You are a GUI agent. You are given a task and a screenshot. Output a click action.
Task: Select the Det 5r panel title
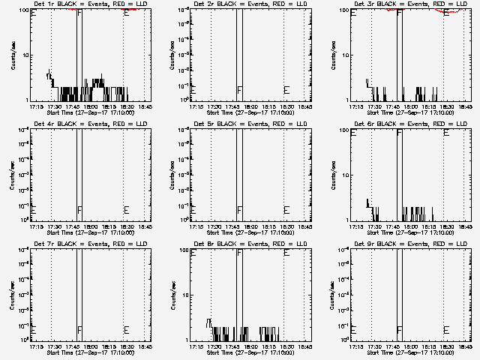(243, 123)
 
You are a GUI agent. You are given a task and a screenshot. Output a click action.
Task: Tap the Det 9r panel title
(403, 243)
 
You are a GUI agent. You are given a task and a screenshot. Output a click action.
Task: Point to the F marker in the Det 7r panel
(79, 330)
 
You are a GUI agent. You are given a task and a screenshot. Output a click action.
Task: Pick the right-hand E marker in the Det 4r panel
(126, 210)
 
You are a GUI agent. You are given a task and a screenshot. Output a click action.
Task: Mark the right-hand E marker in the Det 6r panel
(446, 133)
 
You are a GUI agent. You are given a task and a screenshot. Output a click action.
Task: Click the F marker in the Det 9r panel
(399, 330)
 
